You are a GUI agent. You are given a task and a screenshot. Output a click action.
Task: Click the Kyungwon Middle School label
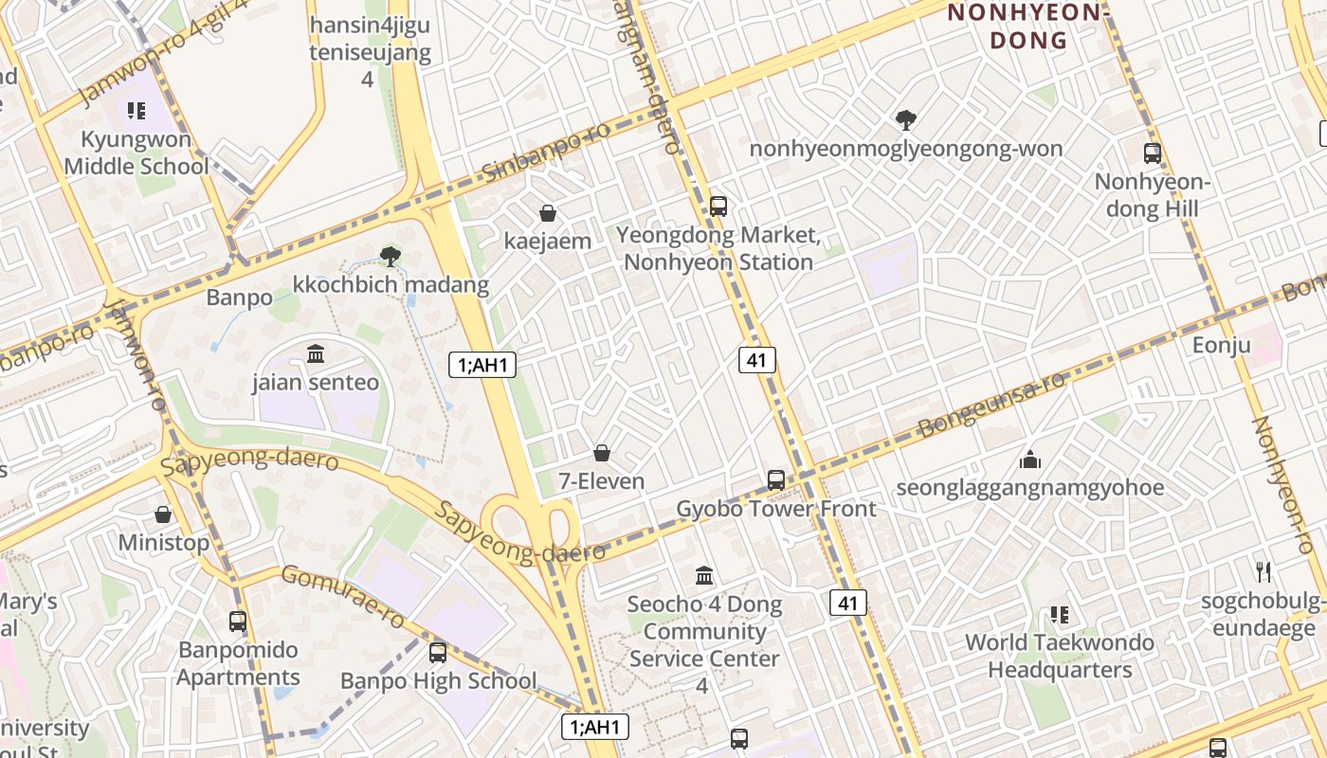coord(136,153)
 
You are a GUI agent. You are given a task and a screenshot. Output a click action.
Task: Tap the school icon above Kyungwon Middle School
coord(136,111)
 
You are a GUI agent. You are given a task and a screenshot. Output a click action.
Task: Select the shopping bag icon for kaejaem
coord(547,213)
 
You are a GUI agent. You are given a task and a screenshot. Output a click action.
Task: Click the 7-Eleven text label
coord(601,481)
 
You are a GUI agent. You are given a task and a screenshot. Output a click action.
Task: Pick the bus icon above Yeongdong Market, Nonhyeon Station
coord(718,206)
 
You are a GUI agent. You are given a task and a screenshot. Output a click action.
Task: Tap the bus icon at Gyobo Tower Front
coord(776,480)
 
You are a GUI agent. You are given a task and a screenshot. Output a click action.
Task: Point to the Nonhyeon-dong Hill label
coord(1152,195)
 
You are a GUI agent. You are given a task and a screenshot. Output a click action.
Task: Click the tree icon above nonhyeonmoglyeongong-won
coord(906,120)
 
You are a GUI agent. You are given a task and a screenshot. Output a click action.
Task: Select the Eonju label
coord(1221,345)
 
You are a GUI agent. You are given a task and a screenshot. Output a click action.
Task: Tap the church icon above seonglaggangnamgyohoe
coord(1030,460)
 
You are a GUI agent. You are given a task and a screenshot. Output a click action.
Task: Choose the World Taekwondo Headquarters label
coord(1060,656)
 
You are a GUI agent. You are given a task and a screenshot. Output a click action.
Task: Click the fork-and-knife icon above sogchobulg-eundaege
coord(1263,571)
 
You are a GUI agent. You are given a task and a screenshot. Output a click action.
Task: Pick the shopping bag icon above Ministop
coord(163,514)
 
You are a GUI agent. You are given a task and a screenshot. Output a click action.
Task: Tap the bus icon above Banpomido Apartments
coord(238,622)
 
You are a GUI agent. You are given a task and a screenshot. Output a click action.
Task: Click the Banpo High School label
coord(438,680)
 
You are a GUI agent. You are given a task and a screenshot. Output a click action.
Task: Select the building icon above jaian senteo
coord(316,354)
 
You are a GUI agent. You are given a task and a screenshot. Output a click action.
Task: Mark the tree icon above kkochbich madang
coord(390,255)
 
